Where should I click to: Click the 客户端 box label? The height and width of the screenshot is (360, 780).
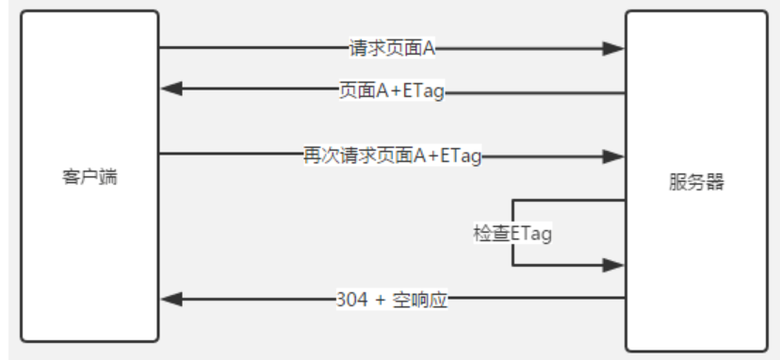coord(89,177)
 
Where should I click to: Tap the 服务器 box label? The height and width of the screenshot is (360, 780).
coord(696,183)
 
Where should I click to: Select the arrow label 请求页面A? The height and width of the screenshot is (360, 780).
coord(392,47)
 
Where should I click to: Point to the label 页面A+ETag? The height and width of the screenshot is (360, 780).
coord(391,90)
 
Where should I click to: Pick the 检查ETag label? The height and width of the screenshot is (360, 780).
coord(512,233)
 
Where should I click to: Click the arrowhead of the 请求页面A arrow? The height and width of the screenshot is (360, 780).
coord(614,47)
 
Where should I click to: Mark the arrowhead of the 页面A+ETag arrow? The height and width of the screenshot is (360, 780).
coord(171,90)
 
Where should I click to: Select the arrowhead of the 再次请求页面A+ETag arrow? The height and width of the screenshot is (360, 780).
coord(614,155)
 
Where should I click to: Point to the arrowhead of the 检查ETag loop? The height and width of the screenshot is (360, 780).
coord(614,266)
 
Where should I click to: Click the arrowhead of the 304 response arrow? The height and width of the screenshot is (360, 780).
coord(171,300)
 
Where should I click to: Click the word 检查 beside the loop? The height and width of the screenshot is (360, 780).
coord(491,233)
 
